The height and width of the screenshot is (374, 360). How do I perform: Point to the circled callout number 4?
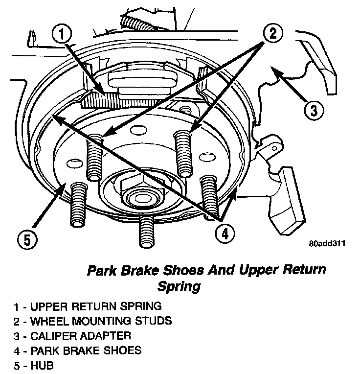[224, 234]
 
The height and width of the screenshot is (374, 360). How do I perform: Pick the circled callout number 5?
[27, 240]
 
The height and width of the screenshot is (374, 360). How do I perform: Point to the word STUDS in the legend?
[154, 321]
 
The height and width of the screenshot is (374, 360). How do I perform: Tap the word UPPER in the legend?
[49, 307]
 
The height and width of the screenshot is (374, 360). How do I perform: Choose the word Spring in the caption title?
[179, 285]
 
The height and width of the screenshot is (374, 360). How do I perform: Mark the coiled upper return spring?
[117, 100]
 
